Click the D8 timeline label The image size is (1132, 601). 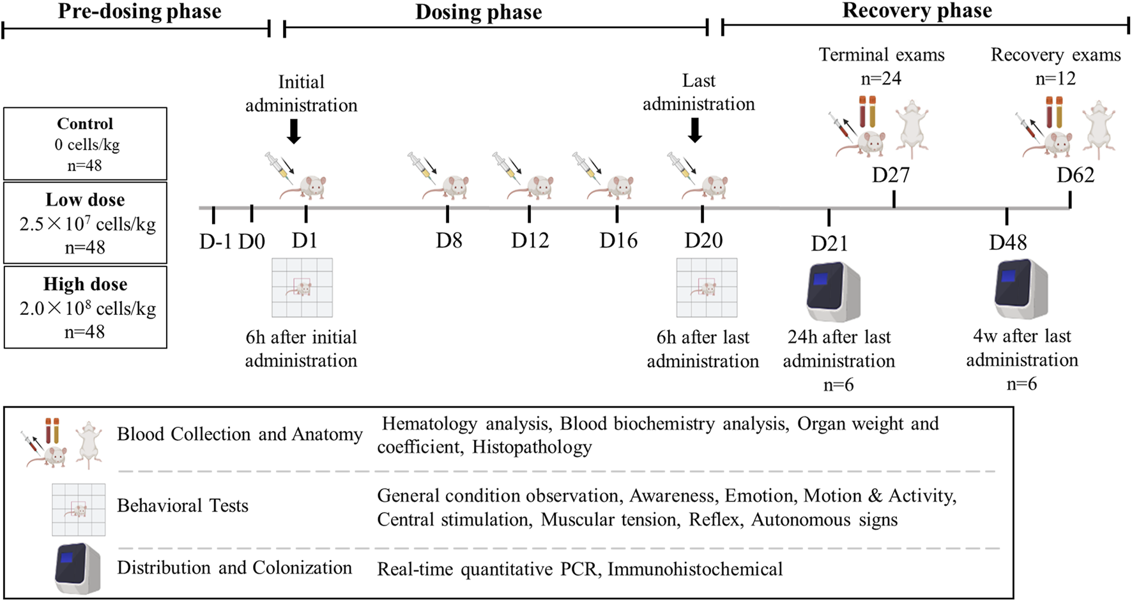pyautogui.click(x=448, y=241)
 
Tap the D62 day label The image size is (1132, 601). pyautogui.click(x=1075, y=175)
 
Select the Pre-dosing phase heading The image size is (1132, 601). pyautogui.click(x=139, y=11)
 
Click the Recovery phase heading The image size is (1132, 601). pyautogui.click(x=917, y=11)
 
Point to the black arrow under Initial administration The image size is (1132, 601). pyautogui.click(x=293, y=131)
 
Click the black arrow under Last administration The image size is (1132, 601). pyautogui.click(x=695, y=130)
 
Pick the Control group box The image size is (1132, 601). pyautogui.click(x=85, y=144)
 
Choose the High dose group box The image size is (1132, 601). pyautogui.click(x=85, y=307)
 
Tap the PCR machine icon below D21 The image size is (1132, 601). pyautogui.click(x=832, y=291)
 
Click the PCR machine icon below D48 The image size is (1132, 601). pyautogui.click(x=1020, y=289)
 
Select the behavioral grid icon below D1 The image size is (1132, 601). pyautogui.click(x=302, y=287)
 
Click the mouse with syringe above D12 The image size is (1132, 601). pyautogui.click(x=524, y=176)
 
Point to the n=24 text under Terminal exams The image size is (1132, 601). pyautogui.click(x=881, y=79)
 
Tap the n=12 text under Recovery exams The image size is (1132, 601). pyautogui.click(x=1055, y=79)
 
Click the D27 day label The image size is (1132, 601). pyautogui.click(x=891, y=175)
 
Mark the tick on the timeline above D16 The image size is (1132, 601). pyautogui.click(x=616, y=213)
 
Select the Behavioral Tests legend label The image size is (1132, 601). pyautogui.click(x=183, y=506)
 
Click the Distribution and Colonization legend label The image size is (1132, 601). pyautogui.click(x=234, y=568)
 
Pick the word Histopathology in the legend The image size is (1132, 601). pyautogui.click(x=532, y=447)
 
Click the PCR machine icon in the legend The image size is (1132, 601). pyautogui.click(x=78, y=568)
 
